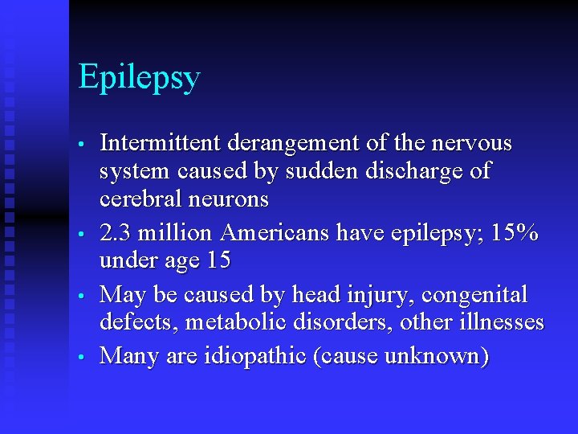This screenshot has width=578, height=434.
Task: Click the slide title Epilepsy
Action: [139, 79]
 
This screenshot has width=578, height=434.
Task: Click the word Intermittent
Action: [161, 143]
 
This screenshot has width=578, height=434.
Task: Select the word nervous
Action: [473, 143]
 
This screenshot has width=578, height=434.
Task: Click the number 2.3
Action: [115, 233]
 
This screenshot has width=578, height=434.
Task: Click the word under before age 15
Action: [130, 260]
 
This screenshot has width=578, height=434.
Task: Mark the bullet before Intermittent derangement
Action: [82, 145]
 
